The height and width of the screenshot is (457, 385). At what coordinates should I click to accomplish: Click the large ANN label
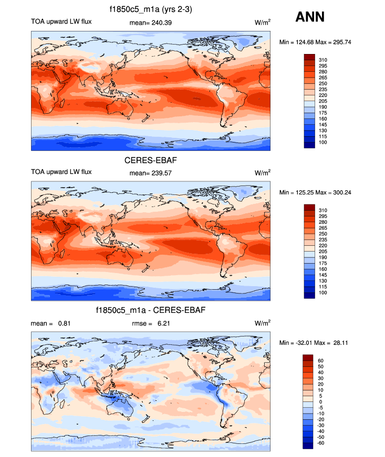click(310, 17)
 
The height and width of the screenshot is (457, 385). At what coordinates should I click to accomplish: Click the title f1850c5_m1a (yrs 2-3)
click(150, 8)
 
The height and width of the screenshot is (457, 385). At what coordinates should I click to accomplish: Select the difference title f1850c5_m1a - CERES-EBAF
click(150, 310)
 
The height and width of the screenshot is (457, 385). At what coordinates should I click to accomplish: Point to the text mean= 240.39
click(150, 23)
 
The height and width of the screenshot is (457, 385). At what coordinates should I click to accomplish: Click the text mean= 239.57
click(150, 172)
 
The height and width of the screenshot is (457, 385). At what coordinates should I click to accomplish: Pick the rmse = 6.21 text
click(150, 323)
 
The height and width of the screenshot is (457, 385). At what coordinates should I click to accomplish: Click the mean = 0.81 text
click(51, 323)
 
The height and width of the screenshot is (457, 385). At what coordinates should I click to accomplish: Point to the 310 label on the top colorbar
click(324, 60)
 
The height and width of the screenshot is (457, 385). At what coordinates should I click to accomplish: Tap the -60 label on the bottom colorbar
click(322, 443)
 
